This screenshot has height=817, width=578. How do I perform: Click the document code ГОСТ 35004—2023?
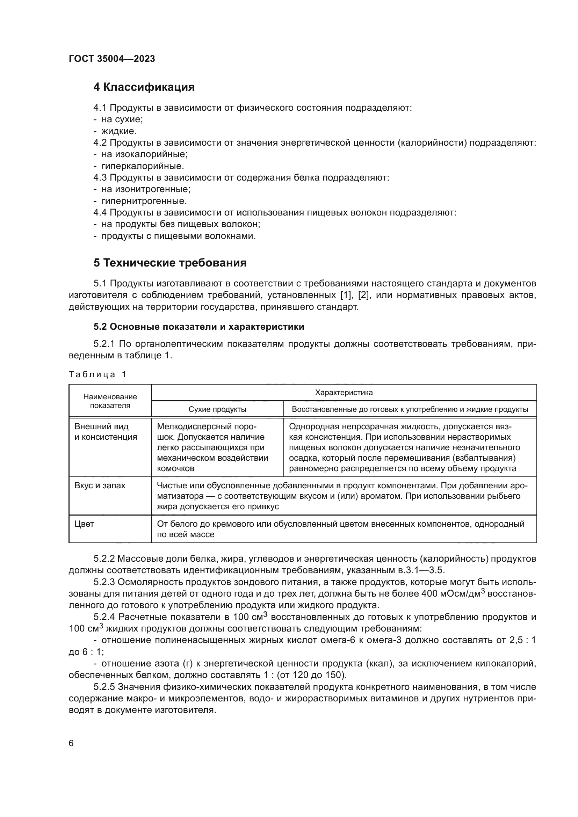pos(112,59)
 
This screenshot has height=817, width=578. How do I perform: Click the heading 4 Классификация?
pos(144,87)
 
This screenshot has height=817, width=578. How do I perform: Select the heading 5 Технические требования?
pos(170,263)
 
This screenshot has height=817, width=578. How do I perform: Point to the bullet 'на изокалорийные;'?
pos(144,154)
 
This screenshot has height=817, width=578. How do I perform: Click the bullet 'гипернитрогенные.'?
pos(144,201)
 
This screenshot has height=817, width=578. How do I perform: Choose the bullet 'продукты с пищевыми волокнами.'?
pos(178,236)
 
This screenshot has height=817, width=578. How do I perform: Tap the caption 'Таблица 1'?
pos(97,374)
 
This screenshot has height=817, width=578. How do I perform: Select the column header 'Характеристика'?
pos(344,393)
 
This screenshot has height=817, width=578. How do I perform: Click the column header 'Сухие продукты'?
pos(217,410)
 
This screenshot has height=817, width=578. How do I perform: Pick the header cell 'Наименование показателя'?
pos(110,401)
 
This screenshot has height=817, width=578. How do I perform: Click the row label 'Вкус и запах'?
pos(100,486)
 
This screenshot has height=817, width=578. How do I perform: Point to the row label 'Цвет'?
pos(84,524)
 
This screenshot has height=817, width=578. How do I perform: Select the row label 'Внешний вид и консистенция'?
pos(105,432)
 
